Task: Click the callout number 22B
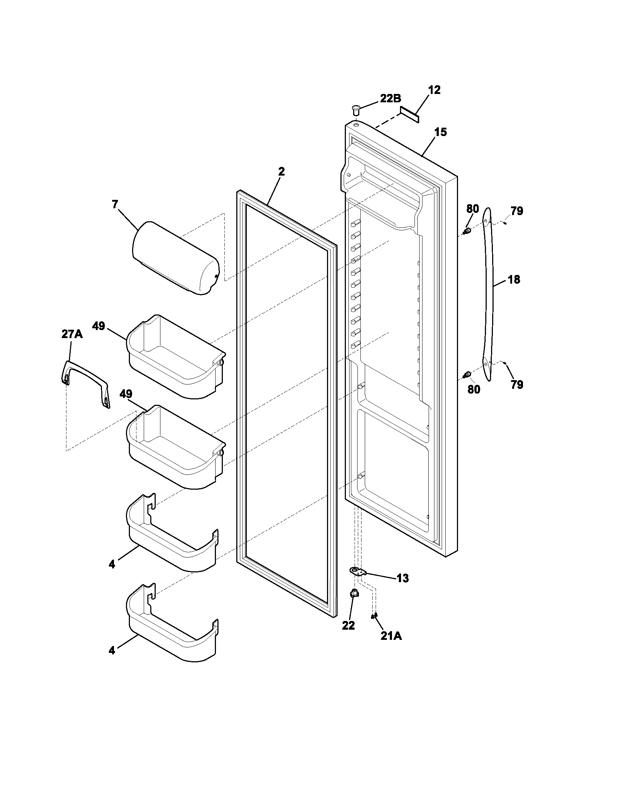point(391,98)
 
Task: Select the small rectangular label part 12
point(409,114)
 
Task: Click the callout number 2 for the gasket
point(281,171)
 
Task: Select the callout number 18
point(514,280)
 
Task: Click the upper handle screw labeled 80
point(467,231)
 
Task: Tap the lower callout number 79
point(516,384)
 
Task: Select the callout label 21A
point(391,636)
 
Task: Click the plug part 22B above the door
point(356,108)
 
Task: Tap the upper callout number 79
point(516,211)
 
